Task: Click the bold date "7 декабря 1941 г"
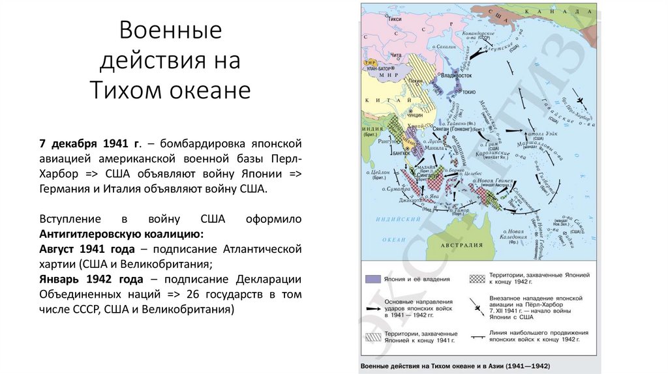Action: point(89,143)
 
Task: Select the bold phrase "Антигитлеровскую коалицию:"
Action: point(121,234)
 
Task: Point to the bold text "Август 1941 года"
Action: point(87,250)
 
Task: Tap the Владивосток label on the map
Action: point(457,76)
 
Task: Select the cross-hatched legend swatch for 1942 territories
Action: point(478,279)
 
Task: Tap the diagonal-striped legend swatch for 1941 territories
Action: point(373,337)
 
